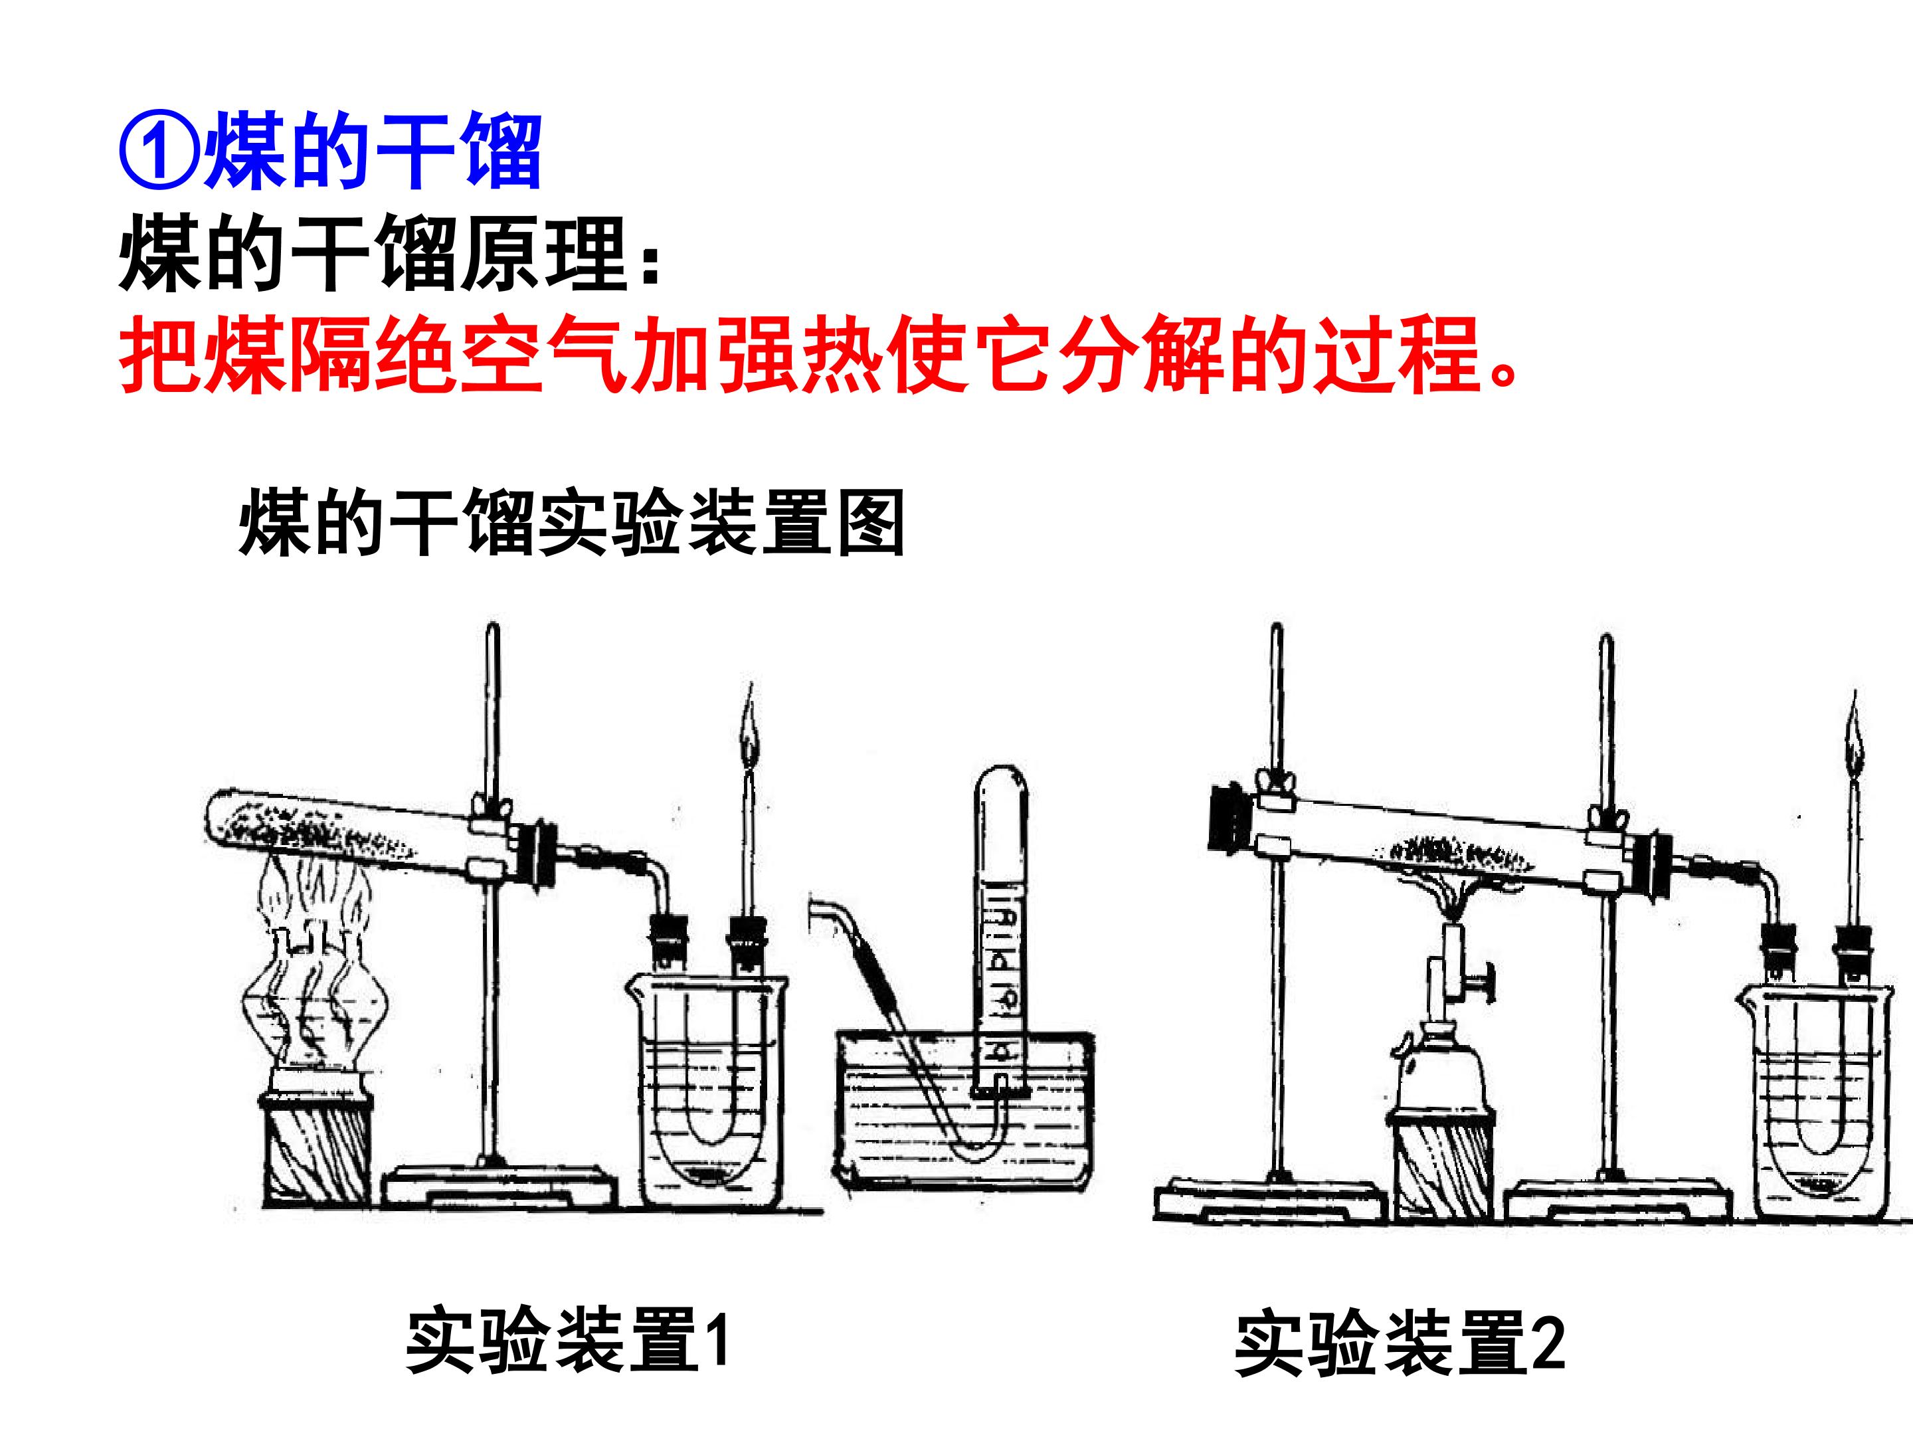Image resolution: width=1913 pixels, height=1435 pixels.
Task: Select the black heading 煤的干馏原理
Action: point(373,255)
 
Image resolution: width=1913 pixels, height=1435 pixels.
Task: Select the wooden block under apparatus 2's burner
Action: point(1445,1164)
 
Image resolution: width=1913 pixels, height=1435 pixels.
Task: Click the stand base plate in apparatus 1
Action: point(501,1184)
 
